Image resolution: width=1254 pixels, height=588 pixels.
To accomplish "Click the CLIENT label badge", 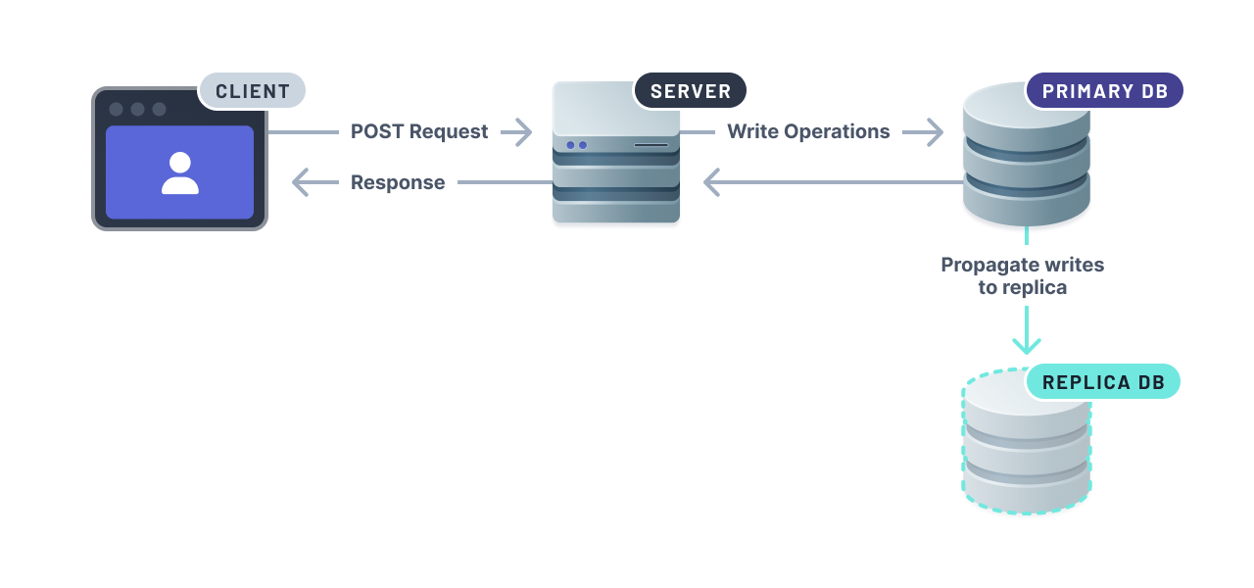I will coord(253,91).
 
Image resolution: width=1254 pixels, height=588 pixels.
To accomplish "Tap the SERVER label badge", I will coord(691,91).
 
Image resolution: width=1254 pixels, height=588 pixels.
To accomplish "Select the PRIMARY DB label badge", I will coord(1104,91).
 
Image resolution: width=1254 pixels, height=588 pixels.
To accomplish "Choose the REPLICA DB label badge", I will coord(1103,382).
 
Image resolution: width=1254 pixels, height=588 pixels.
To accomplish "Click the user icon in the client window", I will coord(179,173).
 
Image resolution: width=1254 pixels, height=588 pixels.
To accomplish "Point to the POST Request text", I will coord(419,131).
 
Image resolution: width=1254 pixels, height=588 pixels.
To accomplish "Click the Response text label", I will coord(398,182).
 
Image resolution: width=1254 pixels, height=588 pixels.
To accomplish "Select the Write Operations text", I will coord(808,131).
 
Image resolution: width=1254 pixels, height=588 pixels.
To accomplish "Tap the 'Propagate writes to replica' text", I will coord(1023,275).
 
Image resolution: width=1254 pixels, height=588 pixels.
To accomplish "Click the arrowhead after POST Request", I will coord(518,131).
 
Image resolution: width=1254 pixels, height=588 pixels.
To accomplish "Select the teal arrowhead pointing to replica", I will coord(1026,343).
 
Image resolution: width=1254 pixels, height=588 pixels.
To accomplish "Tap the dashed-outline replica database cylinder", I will coord(1026,451).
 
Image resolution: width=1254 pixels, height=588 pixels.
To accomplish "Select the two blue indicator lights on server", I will coord(576,145).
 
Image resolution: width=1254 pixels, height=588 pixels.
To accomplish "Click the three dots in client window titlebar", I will coord(137,109).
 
